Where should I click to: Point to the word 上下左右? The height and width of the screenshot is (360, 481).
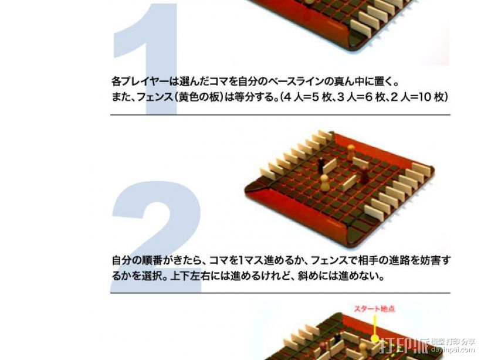[x=189, y=276]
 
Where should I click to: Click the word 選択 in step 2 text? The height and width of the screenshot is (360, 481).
[x=151, y=276]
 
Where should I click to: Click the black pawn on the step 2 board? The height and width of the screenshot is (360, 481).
[x=321, y=165]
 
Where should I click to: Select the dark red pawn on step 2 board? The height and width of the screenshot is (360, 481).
[x=364, y=175]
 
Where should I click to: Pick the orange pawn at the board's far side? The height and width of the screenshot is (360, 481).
[x=351, y=152]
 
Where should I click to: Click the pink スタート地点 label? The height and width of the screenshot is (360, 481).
[x=375, y=309]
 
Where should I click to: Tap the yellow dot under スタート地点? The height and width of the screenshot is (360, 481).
[x=375, y=338]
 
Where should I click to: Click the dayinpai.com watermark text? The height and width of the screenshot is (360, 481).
[x=452, y=349]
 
